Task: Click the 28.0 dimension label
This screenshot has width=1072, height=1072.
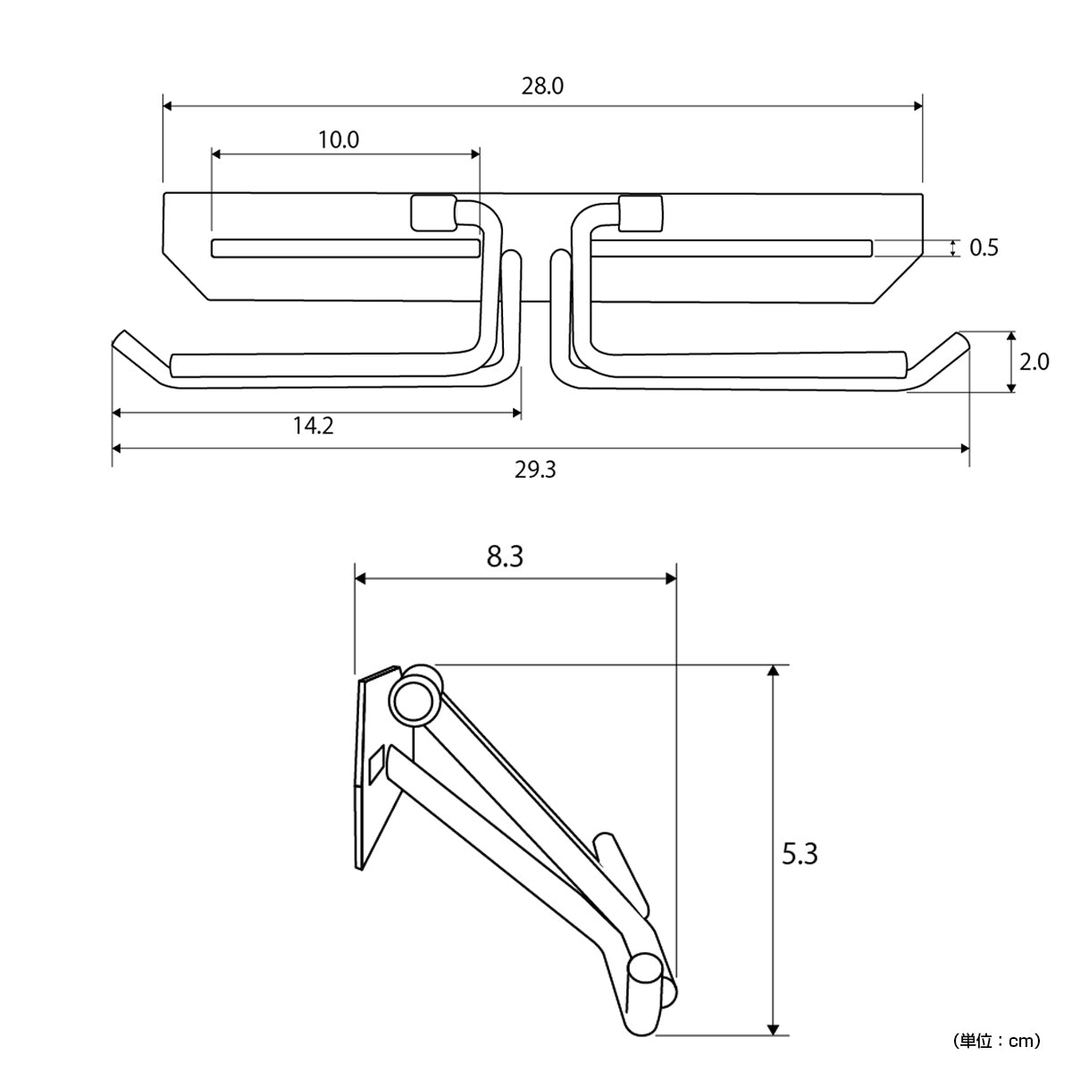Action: click(542, 87)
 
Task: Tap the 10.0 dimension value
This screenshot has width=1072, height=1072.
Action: click(339, 139)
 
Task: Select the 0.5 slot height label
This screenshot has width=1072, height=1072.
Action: click(984, 248)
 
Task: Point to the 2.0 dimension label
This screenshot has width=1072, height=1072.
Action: click(1034, 362)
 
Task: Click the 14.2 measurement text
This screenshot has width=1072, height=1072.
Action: click(314, 426)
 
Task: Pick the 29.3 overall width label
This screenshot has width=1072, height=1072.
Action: click(534, 471)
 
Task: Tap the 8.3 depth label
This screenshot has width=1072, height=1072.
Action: click(505, 557)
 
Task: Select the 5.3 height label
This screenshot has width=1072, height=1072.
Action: click(800, 854)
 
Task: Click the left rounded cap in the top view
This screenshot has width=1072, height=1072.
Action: click(433, 213)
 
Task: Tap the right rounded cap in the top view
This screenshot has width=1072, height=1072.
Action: click(641, 213)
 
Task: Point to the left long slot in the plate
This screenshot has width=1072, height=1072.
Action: click(346, 248)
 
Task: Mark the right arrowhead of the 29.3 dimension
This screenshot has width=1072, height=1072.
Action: click(965, 448)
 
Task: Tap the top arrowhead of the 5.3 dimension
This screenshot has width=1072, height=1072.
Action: click(772, 670)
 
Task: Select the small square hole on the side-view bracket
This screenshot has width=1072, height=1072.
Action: click(376, 766)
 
